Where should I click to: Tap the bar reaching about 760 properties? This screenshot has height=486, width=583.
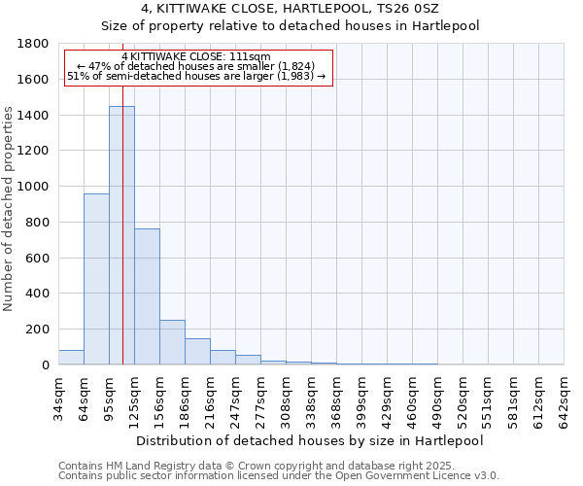(147, 296)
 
